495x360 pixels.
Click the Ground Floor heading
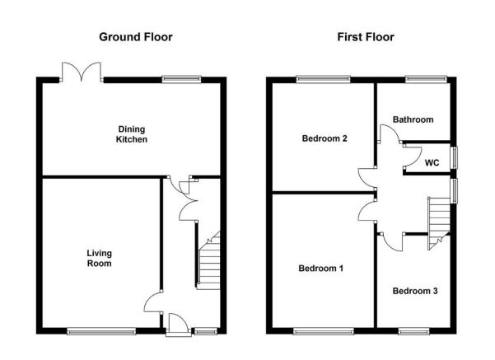pyautogui.click(x=136, y=37)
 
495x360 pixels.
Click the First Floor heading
pyautogui.click(x=366, y=37)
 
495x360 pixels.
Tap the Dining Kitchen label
pyautogui.click(x=132, y=134)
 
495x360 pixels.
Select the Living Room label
pyautogui.click(x=100, y=259)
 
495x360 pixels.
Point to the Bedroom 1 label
pyautogui.click(x=320, y=269)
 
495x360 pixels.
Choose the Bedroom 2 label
pyautogui.click(x=325, y=138)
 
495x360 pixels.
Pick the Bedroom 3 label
pyautogui.click(x=415, y=291)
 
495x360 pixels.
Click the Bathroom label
pyautogui.click(x=413, y=119)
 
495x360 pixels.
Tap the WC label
pyautogui.click(x=432, y=163)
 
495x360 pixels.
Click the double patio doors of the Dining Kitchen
pyautogui.click(x=82, y=72)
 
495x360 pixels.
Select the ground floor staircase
pyautogui.click(x=208, y=260)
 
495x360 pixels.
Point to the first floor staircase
pyautogui.click(x=439, y=223)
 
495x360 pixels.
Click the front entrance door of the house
pyautogui.click(x=179, y=325)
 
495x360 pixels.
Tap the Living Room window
pyautogui.click(x=101, y=331)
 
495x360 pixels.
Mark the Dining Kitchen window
pyautogui.click(x=181, y=79)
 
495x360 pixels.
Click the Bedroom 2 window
pyautogui.click(x=323, y=79)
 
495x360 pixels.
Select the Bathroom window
pyautogui.click(x=426, y=79)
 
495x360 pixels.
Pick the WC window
pyautogui.click(x=454, y=158)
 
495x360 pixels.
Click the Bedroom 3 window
pyautogui.click(x=413, y=331)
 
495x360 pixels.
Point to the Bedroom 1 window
pyautogui.click(x=324, y=331)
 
